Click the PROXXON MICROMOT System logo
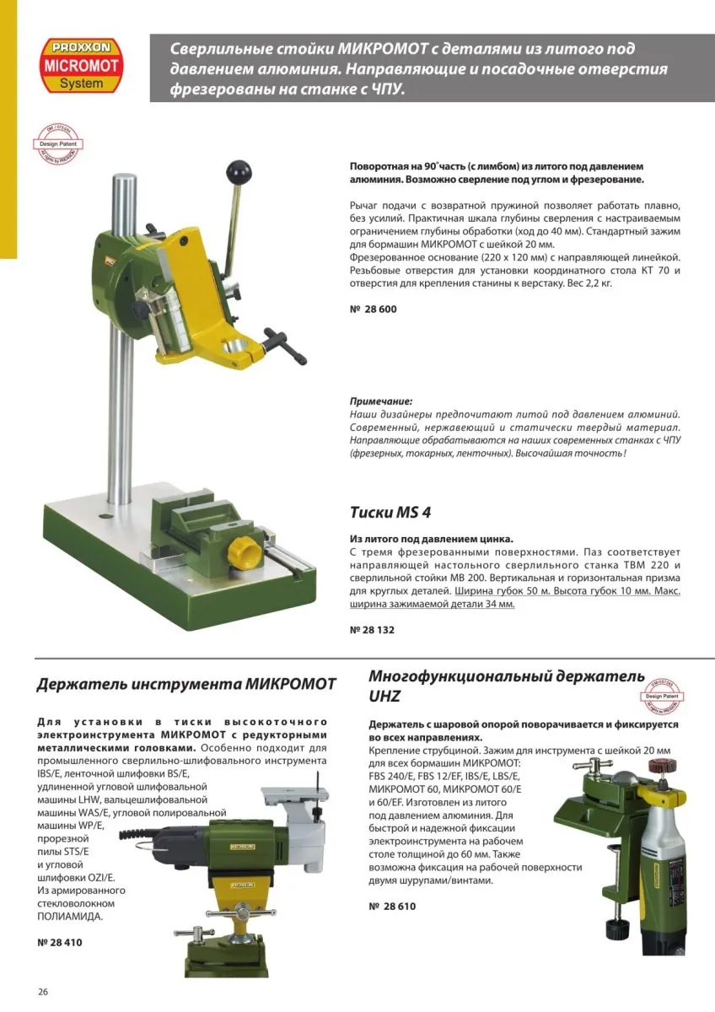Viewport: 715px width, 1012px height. click(81, 64)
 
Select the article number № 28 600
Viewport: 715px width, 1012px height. click(373, 309)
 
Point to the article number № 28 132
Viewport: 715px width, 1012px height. click(372, 629)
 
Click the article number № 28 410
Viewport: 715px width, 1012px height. click(60, 942)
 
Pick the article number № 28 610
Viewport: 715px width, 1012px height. click(392, 906)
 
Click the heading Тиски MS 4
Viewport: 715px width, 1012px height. click(390, 512)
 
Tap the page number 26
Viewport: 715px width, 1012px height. click(43, 991)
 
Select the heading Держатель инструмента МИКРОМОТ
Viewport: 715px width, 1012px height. click(185, 683)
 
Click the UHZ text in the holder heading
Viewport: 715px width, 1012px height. click(384, 697)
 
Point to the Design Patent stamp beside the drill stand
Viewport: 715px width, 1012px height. click(58, 144)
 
